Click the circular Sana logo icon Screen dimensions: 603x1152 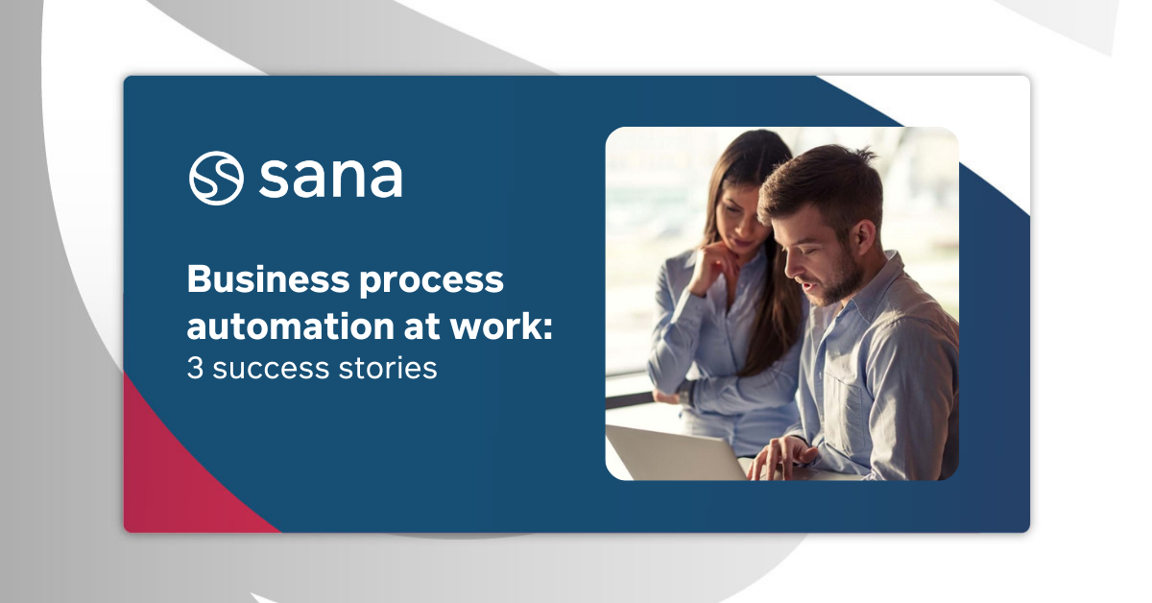tap(216, 178)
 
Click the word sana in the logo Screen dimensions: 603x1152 tap(330, 178)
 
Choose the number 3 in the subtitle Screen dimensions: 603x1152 tap(195, 369)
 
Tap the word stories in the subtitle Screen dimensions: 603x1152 tap(391, 369)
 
